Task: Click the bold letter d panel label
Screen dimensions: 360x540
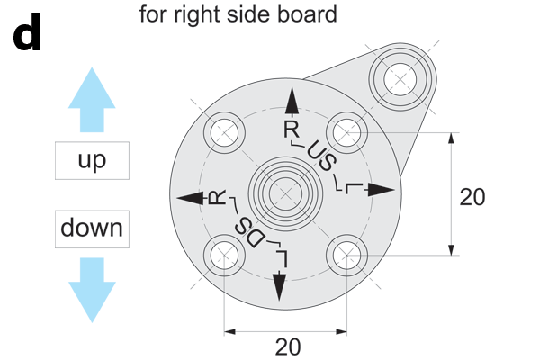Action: point(27,38)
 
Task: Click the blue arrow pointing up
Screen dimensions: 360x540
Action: point(92,98)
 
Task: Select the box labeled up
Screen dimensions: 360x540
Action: point(92,161)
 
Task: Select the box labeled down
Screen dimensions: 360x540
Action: point(92,229)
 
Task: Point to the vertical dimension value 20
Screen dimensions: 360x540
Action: point(472,197)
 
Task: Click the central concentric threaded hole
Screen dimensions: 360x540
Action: point(285,193)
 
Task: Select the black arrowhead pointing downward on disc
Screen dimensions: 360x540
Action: point(280,288)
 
